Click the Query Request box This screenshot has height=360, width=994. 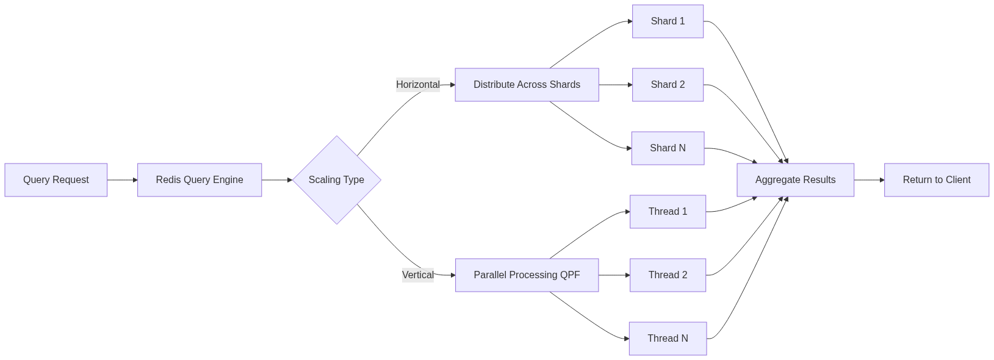tap(56, 180)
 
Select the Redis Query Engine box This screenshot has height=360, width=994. tap(200, 180)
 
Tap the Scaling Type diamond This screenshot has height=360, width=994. tap(337, 180)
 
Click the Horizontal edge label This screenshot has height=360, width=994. tap(418, 85)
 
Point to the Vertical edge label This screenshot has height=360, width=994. tap(418, 275)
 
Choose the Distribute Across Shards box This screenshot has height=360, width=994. tap(527, 85)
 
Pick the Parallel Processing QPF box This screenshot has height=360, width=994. tap(527, 275)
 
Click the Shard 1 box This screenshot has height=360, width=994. tap(668, 21)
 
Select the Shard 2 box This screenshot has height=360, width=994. tap(668, 85)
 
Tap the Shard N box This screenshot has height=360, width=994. tap(668, 148)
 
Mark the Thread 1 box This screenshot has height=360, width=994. tap(668, 212)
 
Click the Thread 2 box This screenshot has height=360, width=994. tap(668, 275)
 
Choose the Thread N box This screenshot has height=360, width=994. tap(668, 339)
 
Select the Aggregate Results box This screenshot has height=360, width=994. tap(795, 180)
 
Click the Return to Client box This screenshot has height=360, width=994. tap(937, 180)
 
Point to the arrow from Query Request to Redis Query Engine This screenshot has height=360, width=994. tap(123, 180)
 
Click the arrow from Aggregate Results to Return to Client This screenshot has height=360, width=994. tap(869, 180)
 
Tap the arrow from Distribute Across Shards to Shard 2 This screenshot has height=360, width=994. tap(615, 85)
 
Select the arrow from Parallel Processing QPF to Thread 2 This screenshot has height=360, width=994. tap(614, 275)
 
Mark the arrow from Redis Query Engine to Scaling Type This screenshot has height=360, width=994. tap(277, 180)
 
